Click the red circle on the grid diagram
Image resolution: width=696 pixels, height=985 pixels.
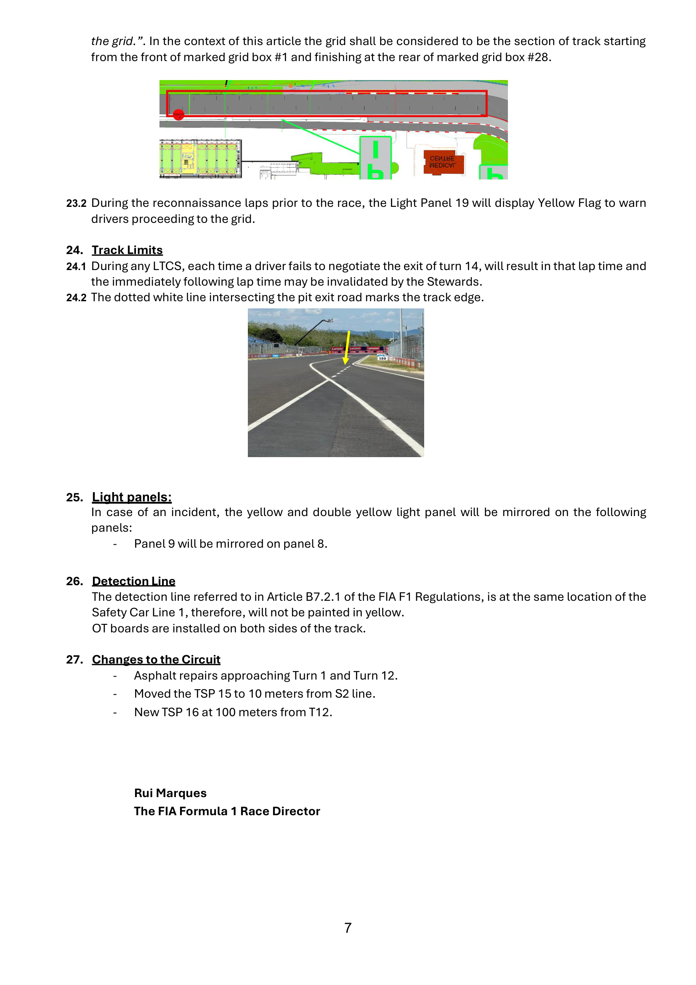point(178,115)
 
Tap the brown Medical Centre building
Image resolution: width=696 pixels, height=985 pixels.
point(444,162)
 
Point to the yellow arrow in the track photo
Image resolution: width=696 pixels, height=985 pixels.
point(347,347)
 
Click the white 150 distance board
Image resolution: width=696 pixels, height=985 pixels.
point(382,358)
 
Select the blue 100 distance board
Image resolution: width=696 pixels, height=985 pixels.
point(275,356)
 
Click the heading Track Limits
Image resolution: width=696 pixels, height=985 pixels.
point(127,250)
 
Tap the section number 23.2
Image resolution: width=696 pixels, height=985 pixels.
point(76,203)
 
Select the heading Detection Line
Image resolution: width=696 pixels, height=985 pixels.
point(134,581)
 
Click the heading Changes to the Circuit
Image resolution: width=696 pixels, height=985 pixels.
point(156,659)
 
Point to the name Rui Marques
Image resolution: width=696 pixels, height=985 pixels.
point(170,793)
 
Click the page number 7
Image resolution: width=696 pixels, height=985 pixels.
point(348,928)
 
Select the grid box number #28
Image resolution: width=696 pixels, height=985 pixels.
point(538,57)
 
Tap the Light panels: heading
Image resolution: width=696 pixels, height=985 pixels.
point(132,497)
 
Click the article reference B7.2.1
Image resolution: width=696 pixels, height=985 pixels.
point(323,597)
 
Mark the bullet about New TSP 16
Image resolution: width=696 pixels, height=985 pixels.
point(233,712)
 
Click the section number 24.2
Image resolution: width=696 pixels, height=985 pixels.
point(76,298)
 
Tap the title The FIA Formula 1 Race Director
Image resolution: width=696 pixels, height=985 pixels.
point(227,811)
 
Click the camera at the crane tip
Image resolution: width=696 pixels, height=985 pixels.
point(330,321)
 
